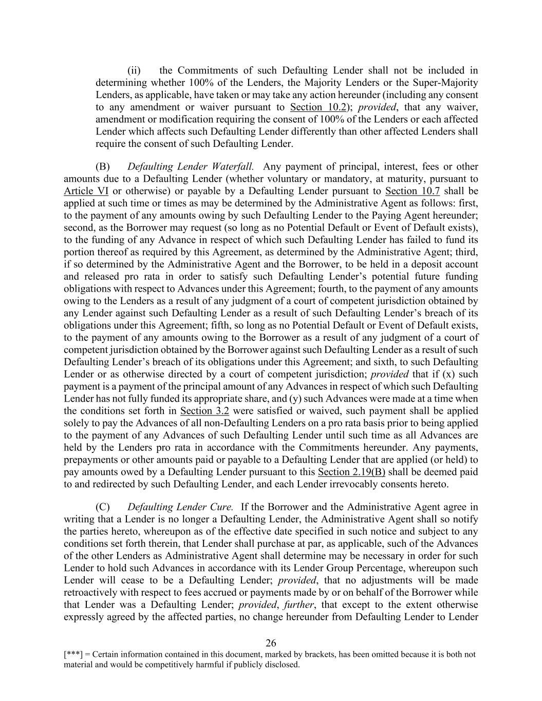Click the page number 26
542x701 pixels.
point(271,643)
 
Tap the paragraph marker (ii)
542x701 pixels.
point(134,70)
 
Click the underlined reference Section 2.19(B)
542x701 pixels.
point(351,472)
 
